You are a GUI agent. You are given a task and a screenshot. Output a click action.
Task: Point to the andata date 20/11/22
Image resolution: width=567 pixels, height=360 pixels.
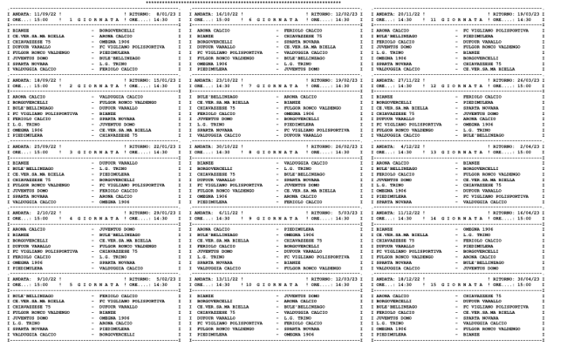416,13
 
